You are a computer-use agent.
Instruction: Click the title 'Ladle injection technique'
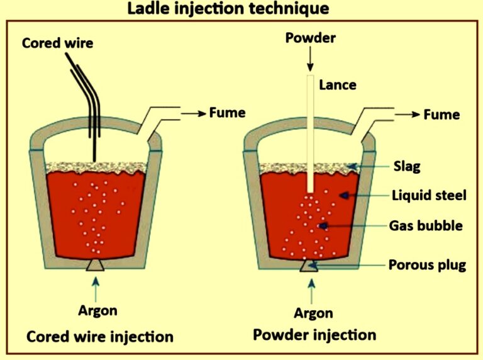click(227, 9)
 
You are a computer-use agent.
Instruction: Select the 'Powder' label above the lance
click(310, 38)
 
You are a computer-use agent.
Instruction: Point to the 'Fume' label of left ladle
click(227, 113)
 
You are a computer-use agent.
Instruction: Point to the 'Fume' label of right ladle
click(441, 115)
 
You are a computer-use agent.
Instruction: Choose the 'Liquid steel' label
click(428, 196)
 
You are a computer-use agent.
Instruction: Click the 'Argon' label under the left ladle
click(97, 311)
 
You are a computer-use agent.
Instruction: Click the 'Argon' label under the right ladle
click(311, 313)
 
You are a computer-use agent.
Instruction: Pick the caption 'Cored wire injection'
click(99, 337)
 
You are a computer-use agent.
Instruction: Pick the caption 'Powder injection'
click(314, 335)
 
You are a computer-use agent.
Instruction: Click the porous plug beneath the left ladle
click(96, 266)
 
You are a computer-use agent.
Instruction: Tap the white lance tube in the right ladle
click(310, 132)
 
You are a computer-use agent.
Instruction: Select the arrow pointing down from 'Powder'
click(310, 59)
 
